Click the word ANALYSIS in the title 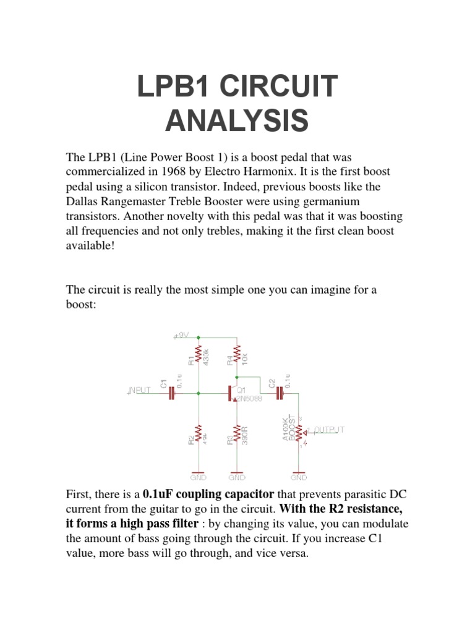(x=237, y=121)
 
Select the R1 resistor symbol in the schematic (x=198, y=355)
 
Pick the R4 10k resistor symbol (x=237, y=355)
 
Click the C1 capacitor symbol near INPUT (x=171, y=392)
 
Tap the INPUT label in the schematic (x=141, y=391)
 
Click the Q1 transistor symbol (x=233, y=393)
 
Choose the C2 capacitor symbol (x=280, y=392)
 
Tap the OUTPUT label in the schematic (x=329, y=430)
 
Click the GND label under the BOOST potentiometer (x=299, y=477)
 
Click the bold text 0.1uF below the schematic (x=158, y=495)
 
